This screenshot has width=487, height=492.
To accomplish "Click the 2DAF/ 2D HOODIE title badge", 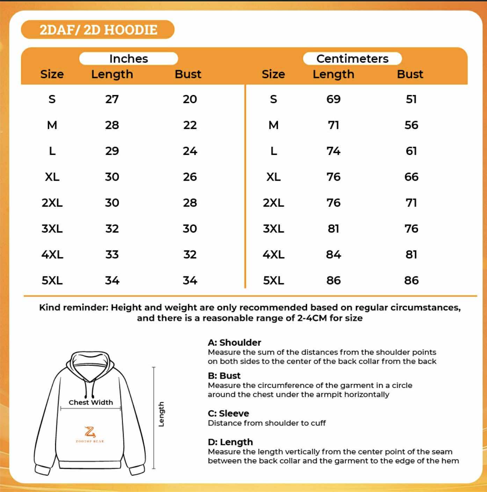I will (98, 30).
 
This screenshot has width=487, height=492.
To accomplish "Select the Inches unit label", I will (129, 59).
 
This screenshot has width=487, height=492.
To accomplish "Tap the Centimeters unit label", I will (352, 59).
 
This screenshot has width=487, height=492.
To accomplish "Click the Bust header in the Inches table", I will (188, 74).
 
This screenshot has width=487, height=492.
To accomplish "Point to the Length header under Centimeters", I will (333, 74).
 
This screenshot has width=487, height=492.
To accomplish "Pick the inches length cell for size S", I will (112, 99).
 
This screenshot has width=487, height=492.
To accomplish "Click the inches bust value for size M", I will (190, 125).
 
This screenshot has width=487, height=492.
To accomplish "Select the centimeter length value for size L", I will (333, 151).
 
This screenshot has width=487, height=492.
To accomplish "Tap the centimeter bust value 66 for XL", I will (411, 177).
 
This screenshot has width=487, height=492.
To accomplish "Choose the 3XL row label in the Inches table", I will (52, 229).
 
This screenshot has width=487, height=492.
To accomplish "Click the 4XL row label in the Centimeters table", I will (274, 255).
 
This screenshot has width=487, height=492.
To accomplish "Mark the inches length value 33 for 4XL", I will (112, 255).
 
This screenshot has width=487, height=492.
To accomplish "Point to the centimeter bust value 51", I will (411, 99).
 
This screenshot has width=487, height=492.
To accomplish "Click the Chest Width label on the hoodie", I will (91, 402).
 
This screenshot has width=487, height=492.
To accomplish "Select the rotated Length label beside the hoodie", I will (161, 414).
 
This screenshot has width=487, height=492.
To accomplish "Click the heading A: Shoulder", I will (234, 343).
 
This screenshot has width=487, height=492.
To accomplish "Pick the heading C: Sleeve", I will (228, 413).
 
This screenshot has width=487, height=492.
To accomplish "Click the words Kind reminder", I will (73, 307).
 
